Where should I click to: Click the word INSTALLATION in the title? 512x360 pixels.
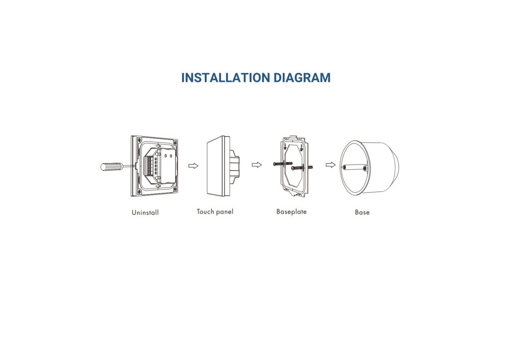[226, 78]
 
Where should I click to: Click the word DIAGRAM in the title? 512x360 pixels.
[302, 78]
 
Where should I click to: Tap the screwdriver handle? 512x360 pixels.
[111, 166]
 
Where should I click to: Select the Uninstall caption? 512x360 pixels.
[145, 212]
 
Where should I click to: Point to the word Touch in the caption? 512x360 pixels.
[205, 212]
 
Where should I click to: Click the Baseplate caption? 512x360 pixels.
[292, 212]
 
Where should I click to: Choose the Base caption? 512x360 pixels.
[362, 212]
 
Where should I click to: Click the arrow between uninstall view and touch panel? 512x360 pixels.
[193, 166]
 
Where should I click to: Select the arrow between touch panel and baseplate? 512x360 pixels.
[257, 165]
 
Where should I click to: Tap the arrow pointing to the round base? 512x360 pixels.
[330, 165]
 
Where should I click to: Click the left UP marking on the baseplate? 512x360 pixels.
[285, 147]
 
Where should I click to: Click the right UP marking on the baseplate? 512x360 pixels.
[301, 148]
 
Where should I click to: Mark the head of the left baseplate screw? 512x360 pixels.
[275, 164]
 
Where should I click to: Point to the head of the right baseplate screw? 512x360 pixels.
[293, 168]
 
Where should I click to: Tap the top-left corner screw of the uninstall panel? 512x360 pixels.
[139, 139]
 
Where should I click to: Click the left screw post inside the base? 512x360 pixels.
[345, 168]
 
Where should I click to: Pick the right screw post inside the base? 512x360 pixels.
[365, 169]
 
